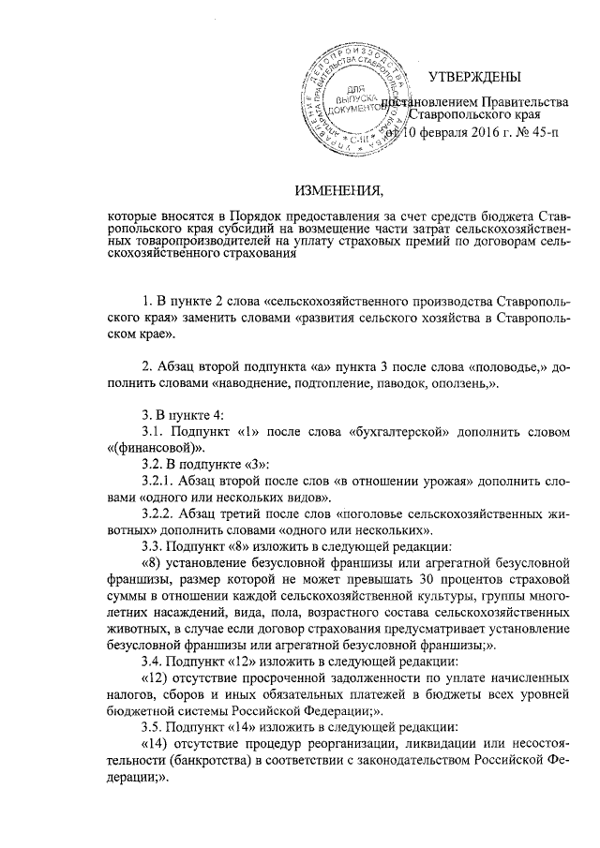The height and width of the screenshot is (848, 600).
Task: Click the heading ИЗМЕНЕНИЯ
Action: click(339, 191)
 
